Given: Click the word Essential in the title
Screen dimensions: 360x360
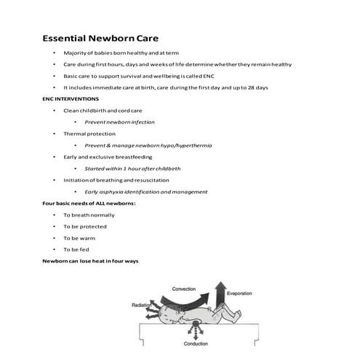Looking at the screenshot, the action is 65,37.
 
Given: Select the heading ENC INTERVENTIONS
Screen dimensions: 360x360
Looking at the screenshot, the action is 71,98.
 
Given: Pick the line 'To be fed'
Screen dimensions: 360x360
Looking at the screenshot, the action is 76,249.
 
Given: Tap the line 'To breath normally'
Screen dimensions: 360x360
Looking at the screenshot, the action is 88,215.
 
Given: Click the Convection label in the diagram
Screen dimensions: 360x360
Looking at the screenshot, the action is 183,289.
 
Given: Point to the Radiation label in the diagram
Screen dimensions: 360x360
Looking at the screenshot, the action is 143,306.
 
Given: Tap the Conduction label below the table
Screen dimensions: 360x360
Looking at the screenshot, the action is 196,343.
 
